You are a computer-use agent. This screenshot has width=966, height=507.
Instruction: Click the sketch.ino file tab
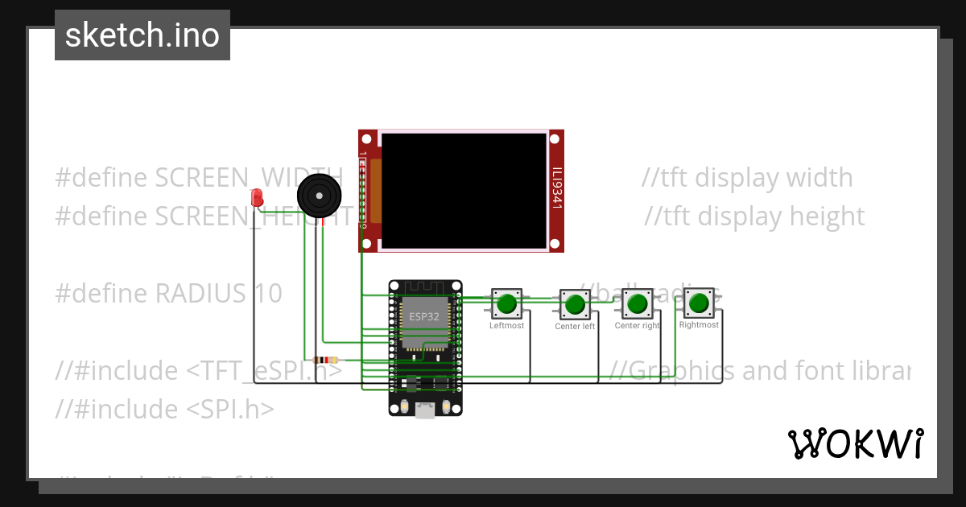[x=142, y=35]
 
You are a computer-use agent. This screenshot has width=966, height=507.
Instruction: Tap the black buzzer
[x=320, y=196]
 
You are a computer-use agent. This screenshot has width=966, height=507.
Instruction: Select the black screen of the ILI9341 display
[x=464, y=191]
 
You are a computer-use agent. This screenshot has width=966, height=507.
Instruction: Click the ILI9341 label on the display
[x=556, y=189]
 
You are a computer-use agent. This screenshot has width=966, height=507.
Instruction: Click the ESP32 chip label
[x=424, y=316]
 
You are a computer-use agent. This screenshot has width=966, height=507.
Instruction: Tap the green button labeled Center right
[x=637, y=303]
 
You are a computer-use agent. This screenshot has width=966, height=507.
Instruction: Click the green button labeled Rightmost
[x=699, y=303]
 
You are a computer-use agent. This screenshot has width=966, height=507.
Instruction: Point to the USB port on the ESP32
[x=425, y=410]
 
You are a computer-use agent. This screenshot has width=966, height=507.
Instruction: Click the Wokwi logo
[x=855, y=443]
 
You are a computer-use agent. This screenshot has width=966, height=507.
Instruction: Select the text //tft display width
[x=747, y=178]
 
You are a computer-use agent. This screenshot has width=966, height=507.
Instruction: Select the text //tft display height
[x=754, y=216]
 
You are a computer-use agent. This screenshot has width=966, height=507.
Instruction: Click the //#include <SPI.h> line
[x=164, y=410]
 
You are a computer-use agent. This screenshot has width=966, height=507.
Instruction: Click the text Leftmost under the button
[x=506, y=325]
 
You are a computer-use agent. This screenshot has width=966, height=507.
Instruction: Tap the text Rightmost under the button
[x=699, y=325]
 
